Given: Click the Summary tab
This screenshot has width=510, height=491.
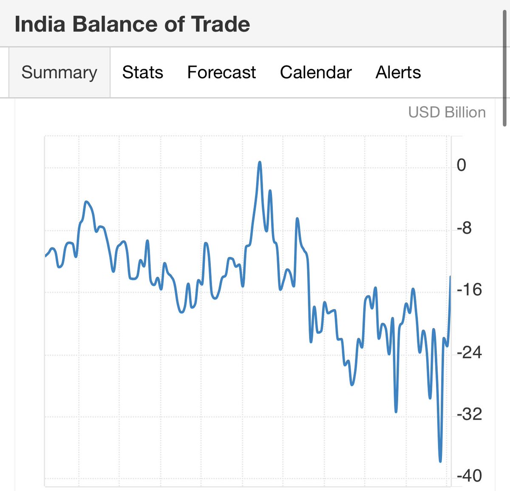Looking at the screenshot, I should [59, 72].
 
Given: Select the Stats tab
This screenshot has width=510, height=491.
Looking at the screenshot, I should [142, 72].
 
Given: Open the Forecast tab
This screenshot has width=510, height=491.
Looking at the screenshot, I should [221, 72].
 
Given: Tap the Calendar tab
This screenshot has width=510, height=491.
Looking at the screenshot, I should [316, 72].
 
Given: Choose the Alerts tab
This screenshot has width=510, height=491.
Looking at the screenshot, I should [398, 72].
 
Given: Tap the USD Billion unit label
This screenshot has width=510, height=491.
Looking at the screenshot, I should [447, 112].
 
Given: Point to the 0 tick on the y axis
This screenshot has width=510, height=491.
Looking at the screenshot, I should [461, 165].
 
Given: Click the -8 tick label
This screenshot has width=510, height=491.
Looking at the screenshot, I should [464, 228].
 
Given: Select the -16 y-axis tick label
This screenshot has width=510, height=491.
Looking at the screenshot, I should [469, 290].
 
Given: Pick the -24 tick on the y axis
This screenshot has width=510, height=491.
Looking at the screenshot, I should [469, 352].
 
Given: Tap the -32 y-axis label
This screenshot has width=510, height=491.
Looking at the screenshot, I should [469, 414].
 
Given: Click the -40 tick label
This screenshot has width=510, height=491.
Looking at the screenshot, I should [469, 475].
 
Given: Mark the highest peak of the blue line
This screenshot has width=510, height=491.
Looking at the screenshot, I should [260, 162].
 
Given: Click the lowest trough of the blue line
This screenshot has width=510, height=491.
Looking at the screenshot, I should [440, 461].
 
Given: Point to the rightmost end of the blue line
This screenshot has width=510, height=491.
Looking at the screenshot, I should [450, 277].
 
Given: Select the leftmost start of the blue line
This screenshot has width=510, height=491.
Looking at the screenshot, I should [45, 256].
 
